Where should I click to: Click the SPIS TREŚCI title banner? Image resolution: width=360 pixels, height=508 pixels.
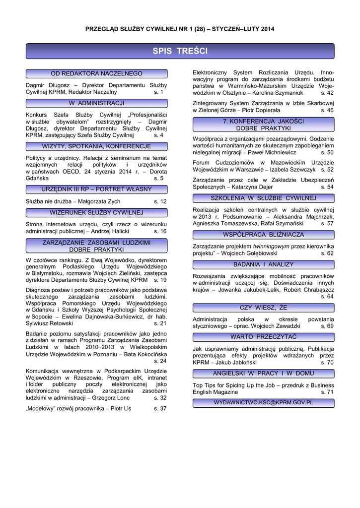pos(180,52)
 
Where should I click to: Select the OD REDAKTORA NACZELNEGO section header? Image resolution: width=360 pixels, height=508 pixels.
pos(96,73)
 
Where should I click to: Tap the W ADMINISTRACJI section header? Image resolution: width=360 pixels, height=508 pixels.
pos(96,103)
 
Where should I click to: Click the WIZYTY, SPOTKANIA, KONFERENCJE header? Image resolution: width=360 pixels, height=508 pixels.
pos(96,146)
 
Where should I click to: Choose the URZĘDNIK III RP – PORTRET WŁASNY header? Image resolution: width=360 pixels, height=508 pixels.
pos(96,190)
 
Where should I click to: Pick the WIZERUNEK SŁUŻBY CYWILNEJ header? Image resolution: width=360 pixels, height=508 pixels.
pos(96,212)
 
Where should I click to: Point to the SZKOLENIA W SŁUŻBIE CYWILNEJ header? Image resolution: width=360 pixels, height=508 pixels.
pos(263,198)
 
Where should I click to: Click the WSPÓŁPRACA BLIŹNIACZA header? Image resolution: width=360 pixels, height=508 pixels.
pos(263,235)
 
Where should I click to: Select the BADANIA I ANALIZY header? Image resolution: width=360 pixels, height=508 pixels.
pos(263,264)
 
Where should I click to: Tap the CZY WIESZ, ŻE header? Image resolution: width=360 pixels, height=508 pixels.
pos(263,308)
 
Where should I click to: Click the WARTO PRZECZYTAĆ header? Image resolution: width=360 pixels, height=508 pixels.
pos(263,337)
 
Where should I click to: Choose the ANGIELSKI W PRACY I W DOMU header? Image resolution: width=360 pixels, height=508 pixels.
pos(263,373)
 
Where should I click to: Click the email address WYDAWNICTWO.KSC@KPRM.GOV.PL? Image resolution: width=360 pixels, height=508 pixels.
pos(263,402)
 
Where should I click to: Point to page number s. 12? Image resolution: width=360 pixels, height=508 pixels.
pos(160,201)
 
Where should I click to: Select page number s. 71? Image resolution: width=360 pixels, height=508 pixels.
pos(327,392)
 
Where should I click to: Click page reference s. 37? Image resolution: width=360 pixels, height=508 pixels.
pos(160,408)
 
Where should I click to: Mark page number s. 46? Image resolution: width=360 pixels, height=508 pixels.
pos(327,110)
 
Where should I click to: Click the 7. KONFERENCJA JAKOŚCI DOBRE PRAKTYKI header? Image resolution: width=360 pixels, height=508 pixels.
pos(263,125)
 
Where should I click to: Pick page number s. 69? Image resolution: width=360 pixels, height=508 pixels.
pos(327,326)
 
